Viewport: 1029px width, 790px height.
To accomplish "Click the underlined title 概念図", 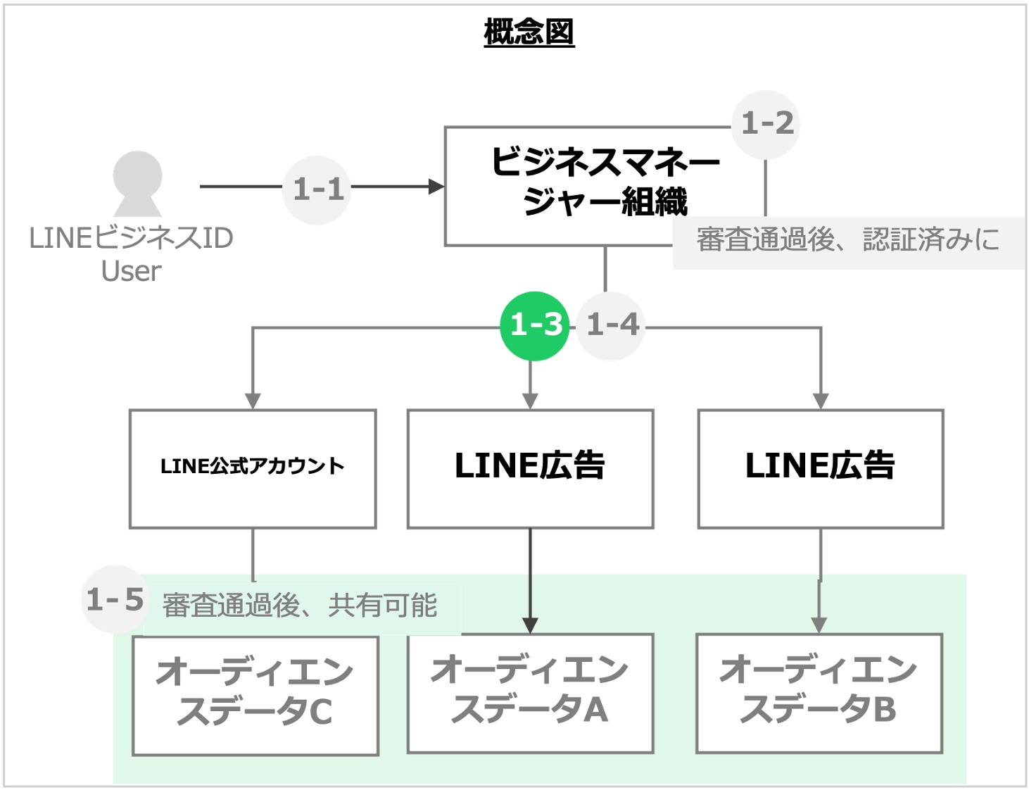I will coord(529,32).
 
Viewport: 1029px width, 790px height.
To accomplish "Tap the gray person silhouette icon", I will coord(138,184).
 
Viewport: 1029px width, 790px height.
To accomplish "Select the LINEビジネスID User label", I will coord(132,254).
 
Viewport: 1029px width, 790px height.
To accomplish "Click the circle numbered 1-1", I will coord(317,189).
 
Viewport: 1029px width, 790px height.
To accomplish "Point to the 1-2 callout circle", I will coord(766,124).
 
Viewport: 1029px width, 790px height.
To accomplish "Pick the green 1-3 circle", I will coord(534,325).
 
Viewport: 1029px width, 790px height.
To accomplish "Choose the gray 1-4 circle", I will coord(611,325).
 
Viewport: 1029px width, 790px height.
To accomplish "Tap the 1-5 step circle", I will coord(115,600).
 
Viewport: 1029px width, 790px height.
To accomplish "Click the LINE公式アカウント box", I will coord(253,468).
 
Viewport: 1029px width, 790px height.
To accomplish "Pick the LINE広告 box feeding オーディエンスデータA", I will coord(530,468).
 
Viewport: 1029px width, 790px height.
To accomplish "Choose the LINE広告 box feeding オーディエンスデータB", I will coord(820,468).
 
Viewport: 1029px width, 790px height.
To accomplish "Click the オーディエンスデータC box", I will coord(255,695).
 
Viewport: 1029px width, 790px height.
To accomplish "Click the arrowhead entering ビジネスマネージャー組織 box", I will coord(437,187).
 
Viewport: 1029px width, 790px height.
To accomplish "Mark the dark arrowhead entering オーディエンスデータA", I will coord(530,625).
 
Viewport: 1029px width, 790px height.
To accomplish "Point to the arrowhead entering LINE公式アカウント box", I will coord(253,401).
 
